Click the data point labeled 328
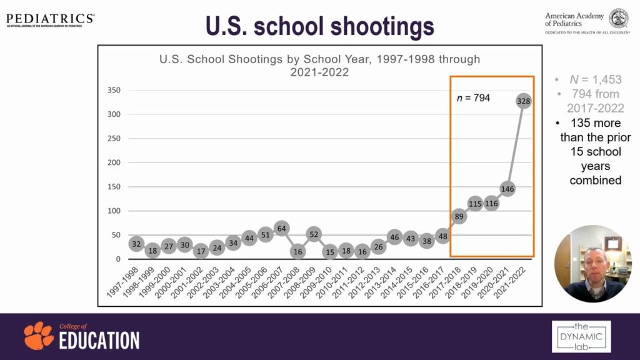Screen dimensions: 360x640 [x=524, y=101]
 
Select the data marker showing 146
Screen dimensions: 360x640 [x=507, y=188]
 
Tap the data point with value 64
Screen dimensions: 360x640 [x=281, y=228]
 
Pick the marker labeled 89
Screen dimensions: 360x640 [x=459, y=216]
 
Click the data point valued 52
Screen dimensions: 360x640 [x=314, y=234]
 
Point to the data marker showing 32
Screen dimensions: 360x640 [x=136, y=244]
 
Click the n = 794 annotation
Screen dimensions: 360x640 [x=473, y=97]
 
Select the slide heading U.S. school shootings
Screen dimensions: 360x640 [x=319, y=26]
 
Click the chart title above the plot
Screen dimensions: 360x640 [x=319, y=66]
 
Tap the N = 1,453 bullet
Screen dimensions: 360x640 [x=595, y=80]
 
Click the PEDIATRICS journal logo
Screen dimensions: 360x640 [x=50, y=19]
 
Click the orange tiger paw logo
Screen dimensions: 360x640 [x=39, y=336]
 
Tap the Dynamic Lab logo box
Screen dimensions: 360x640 [x=581, y=336]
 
